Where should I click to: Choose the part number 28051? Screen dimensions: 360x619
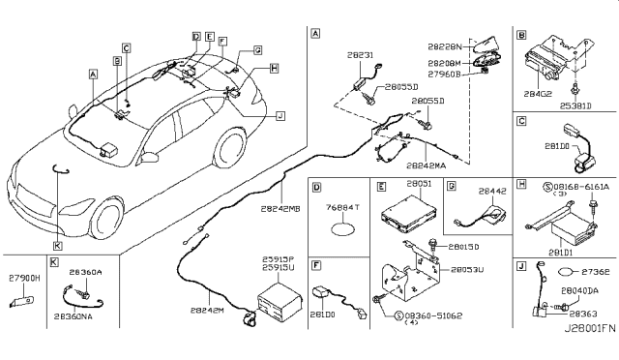pyautogui.click(x=419, y=182)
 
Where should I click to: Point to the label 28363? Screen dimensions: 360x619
pyautogui.click(x=581, y=314)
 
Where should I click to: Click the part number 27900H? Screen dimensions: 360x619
pyautogui.click(x=21, y=276)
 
